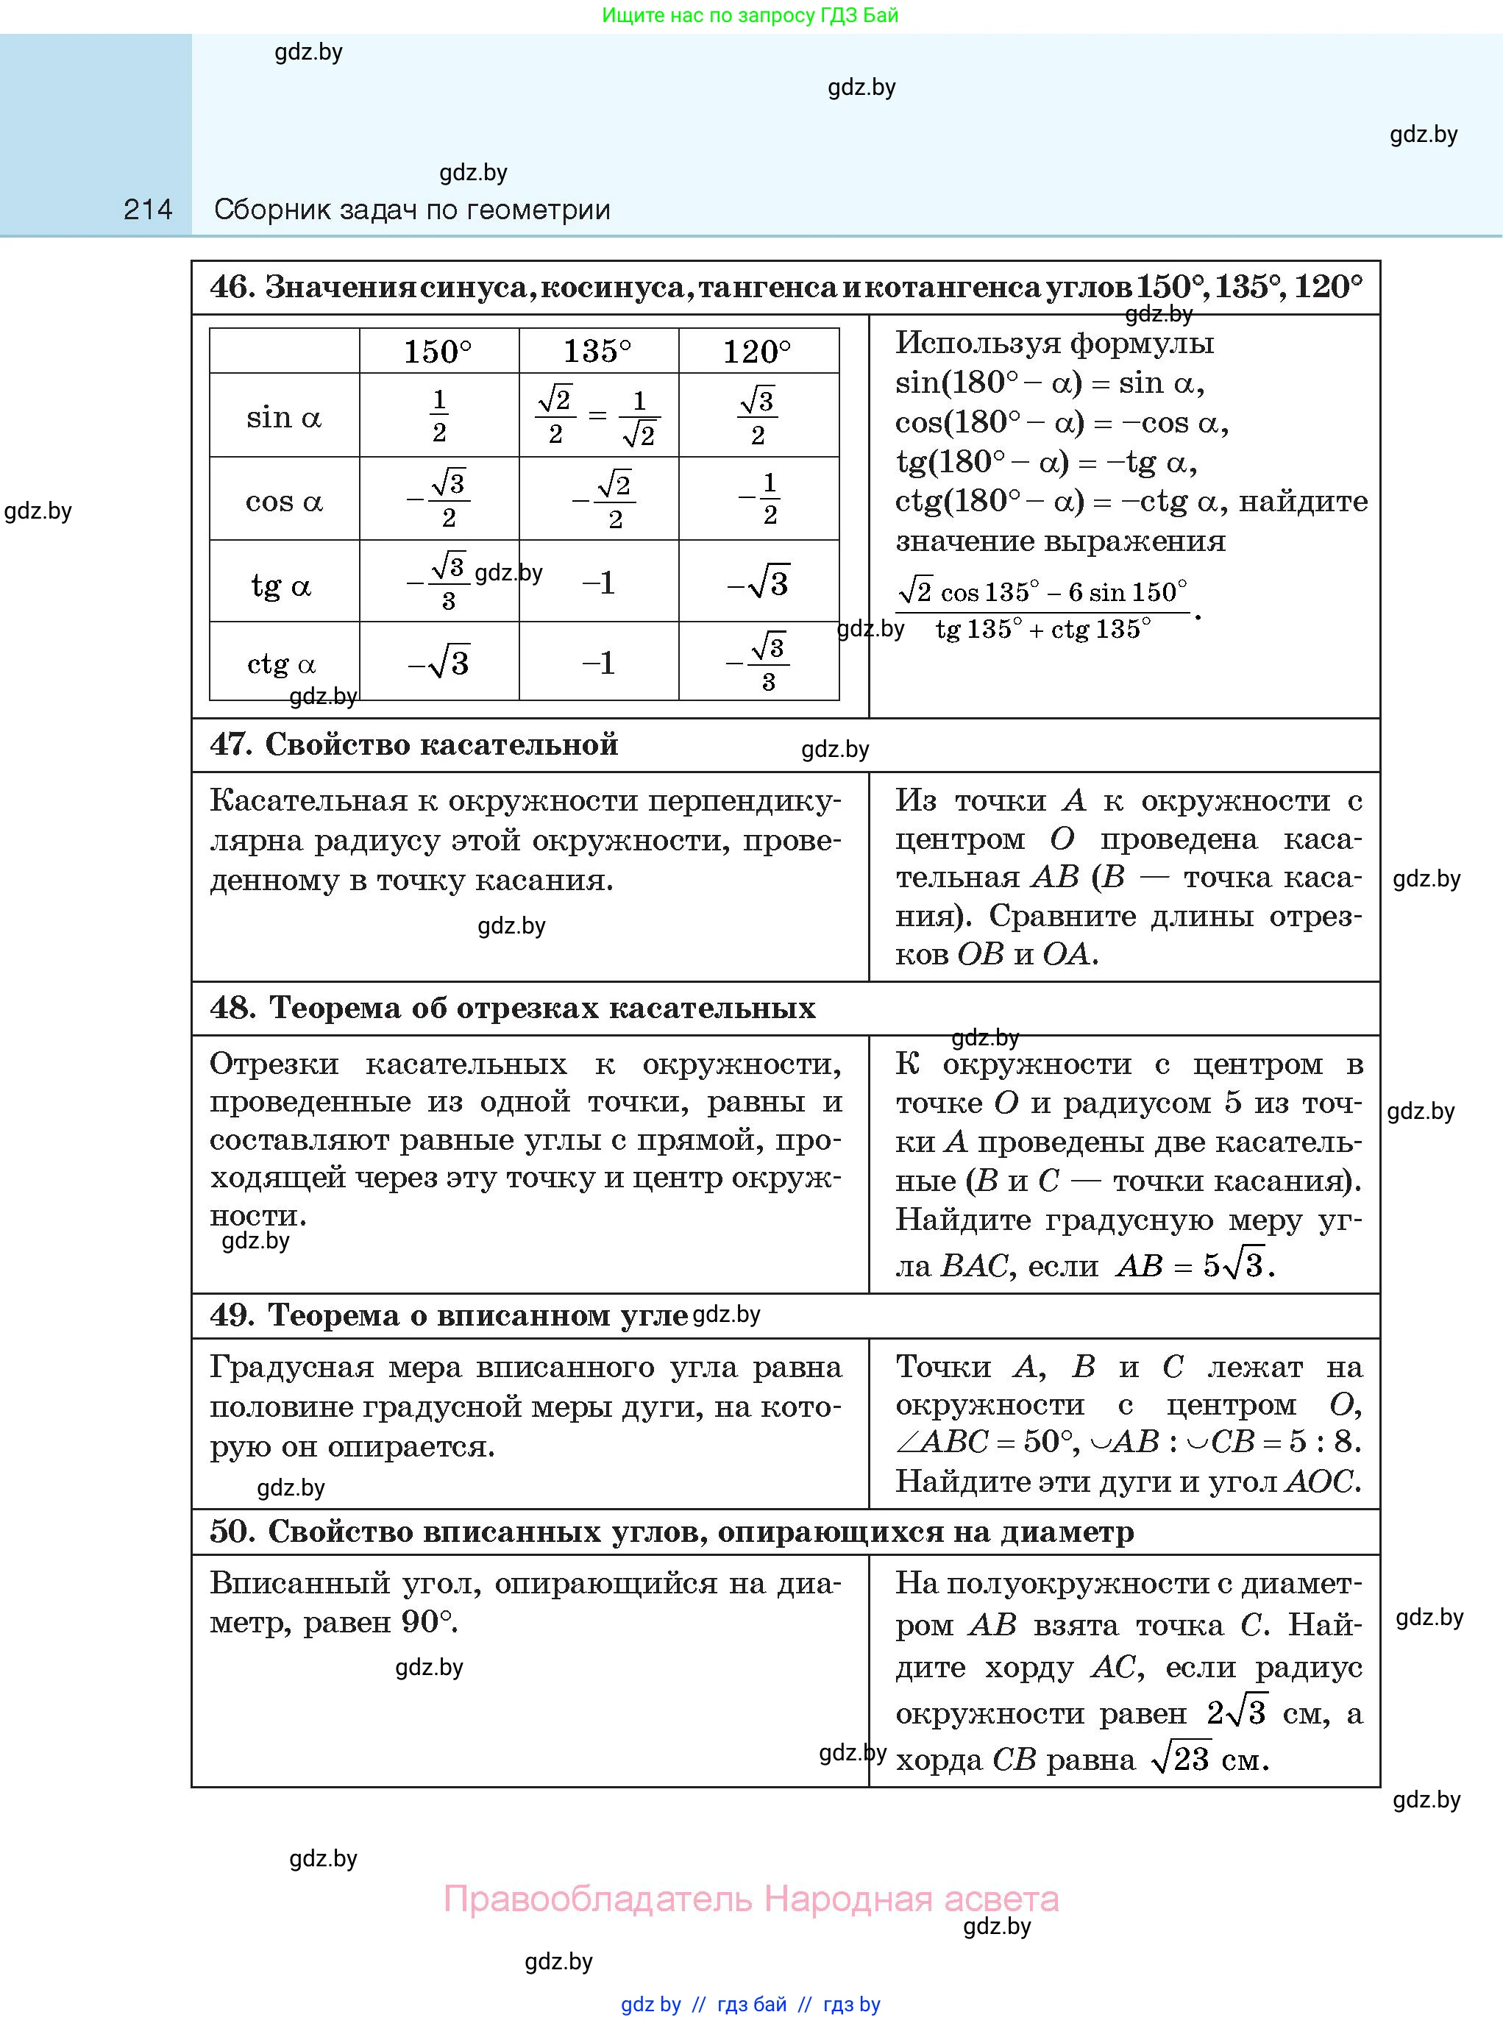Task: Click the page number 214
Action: click(x=147, y=210)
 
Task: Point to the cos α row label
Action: click(x=284, y=501)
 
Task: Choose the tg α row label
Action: click(x=281, y=585)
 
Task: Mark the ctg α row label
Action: click(x=281, y=664)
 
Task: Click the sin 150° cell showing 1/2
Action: click(x=439, y=416)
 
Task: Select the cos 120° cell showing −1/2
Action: click(x=758, y=499)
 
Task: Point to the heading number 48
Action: click(x=232, y=1008)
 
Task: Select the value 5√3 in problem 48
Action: click(x=1235, y=1265)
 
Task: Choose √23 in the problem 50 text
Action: click(x=1181, y=1759)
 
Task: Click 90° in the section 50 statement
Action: click(x=427, y=1622)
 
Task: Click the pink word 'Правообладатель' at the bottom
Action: click(x=598, y=1899)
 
